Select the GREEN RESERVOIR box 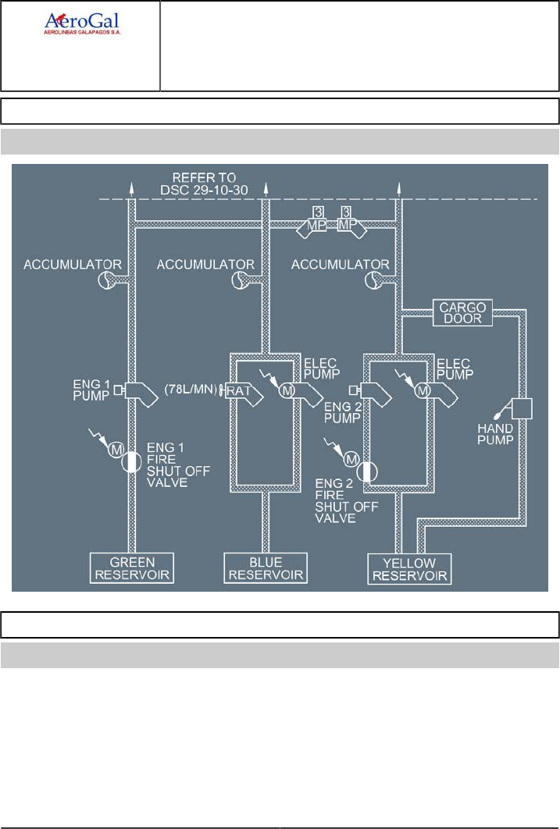[132, 567]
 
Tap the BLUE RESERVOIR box [266, 567]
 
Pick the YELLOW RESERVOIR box [410, 570]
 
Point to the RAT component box [237, 390]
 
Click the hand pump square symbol [520, 409]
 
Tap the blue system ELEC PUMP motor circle [287, 390]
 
